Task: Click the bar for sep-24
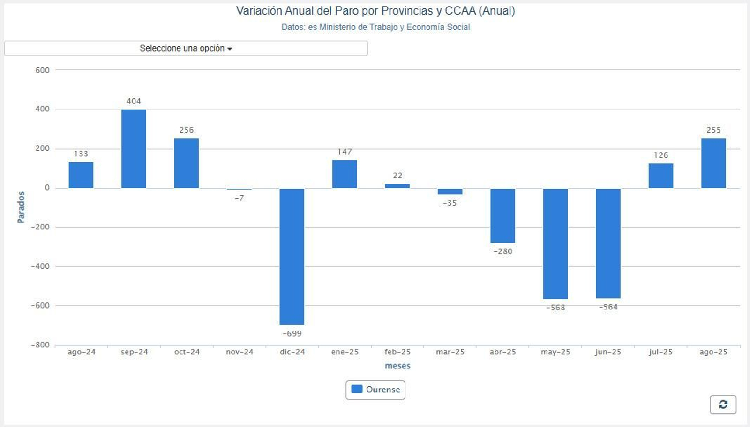[134, 149]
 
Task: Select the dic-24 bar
[292, 257]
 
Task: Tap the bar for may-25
[555, 243]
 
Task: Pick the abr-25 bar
[502, 215]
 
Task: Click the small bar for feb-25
[397, 186]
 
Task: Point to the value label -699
[292, 334]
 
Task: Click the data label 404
[134, 101]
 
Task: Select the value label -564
[608, 307]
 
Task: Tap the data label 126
[661, 155]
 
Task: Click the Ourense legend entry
[376, 390]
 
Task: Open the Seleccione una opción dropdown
[186, 48]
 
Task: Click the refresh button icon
[723, 405]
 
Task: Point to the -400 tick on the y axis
[40, 266]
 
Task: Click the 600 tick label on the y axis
[42, 70]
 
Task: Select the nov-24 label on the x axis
[240, 352]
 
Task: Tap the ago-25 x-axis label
[713, 352]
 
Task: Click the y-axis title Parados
[21, 207]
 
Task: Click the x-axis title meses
[397, 366]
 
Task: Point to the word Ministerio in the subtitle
[337, 27]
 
